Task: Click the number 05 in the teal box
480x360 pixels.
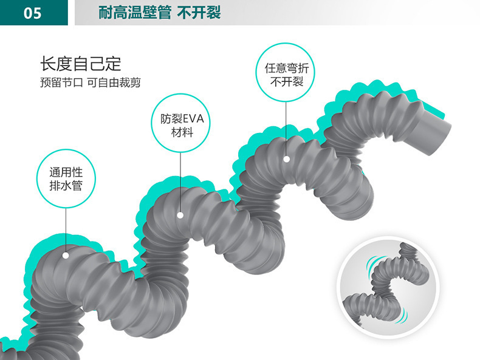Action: [33, 13]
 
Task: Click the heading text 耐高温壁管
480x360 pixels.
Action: [134, 13]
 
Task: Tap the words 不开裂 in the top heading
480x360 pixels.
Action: [199, 13]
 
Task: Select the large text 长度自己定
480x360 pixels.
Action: [81, 63]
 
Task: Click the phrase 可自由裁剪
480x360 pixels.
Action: [114, 83]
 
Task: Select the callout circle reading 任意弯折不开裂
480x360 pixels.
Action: [286, 75]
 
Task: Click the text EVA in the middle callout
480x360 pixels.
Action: [194, 119]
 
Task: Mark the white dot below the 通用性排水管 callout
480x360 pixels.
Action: [66, 255]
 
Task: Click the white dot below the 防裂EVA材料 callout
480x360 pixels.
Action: [180, 215]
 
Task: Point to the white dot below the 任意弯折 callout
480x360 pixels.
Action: [286, 158]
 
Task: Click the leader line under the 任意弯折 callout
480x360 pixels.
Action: [286, 131]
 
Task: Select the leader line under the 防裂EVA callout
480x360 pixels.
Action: [180, 182]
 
